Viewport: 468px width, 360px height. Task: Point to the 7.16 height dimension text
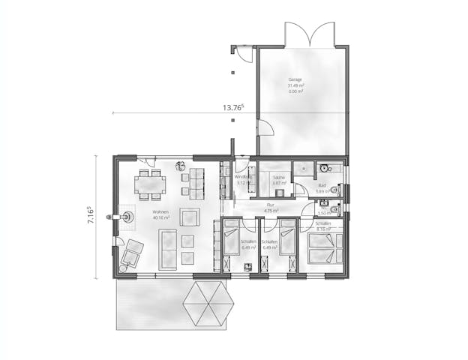pyautogui.click(x=88, y=216)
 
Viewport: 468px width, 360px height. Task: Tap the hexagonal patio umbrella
pyautogui.click(x=205, y=303)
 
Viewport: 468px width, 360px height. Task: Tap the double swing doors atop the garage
pyautogui.click(x=309, y=36)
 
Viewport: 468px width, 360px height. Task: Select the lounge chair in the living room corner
pyautogui.click(x=131, y=253)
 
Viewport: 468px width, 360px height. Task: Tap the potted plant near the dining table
pyautogui.click(x=180, y=166)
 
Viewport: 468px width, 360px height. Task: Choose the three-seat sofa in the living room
pyautogui.click(x=167, y=250)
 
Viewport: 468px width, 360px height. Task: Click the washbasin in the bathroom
pyautogui.click(x=325, y=169)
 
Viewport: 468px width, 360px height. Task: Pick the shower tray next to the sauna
pyautogui.click(x=302, y=169)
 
